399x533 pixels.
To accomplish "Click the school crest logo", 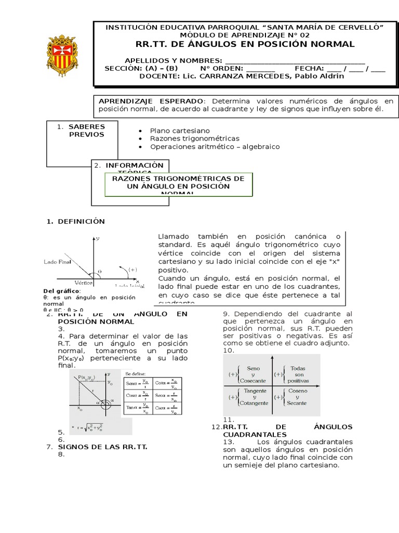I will pyautogui.click(x=64, y=54).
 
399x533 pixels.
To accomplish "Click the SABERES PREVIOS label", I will pyautogui.click(x=86, y=130).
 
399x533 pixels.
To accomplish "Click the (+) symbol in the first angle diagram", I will pyautogui.click(x=132, y=270).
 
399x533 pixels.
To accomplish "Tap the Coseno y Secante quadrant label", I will pyautogui.click(x=297, y=397).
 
